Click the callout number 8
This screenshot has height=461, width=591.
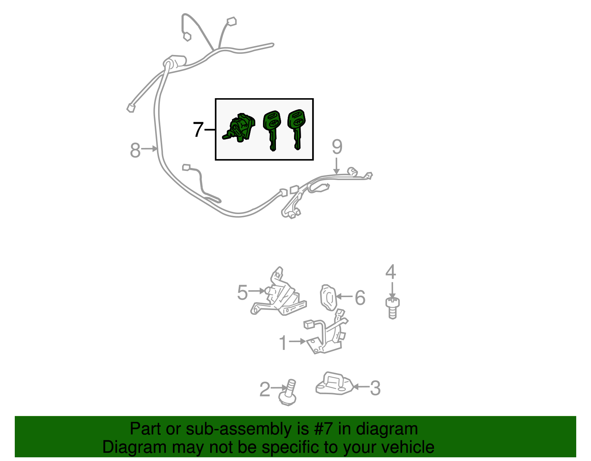pos(135,150)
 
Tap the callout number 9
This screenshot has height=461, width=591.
pos(337,147)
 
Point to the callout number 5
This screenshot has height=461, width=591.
pos(242,293)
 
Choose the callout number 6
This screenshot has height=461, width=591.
pos(360,297)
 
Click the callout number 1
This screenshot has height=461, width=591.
pos(283,343)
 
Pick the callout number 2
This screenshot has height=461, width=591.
pos(265,389)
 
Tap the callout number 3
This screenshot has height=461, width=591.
pos(375,388)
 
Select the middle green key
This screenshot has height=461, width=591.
pos(272,130)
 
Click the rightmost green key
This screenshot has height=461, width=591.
pos(297,129)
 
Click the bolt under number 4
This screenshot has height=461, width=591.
pos(392,308)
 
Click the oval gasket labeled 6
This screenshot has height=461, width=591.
pos(328,297)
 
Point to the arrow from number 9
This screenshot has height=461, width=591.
pos(337,166)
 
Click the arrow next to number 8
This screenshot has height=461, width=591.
pos(149,149)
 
